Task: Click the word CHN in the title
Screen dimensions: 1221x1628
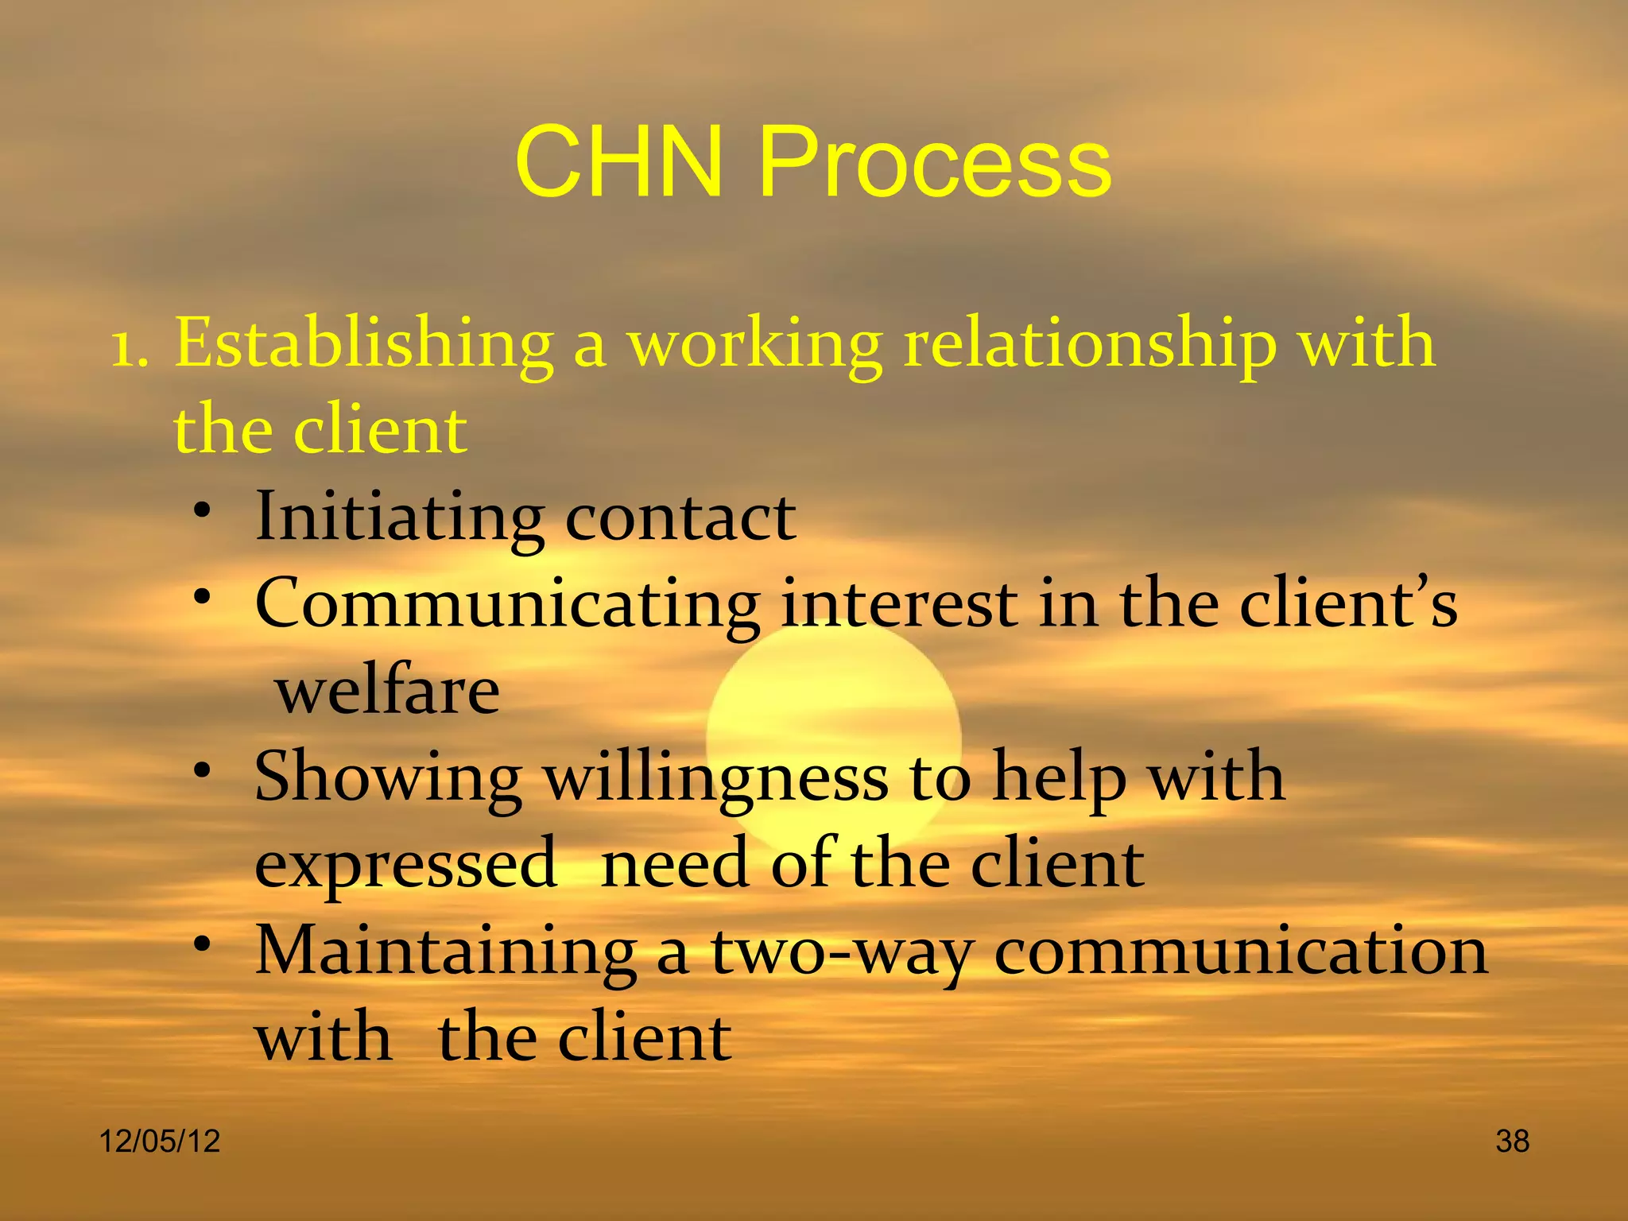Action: (619, 163)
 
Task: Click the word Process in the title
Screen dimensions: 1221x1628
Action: (935, 163)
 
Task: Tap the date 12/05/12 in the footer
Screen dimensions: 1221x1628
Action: (160, 1142)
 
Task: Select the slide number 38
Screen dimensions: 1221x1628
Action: (1512, 1142)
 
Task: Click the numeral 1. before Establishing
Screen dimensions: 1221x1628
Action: (130, 347)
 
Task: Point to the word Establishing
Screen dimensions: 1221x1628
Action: (364, 346)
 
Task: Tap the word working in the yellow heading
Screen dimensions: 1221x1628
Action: (755, 347)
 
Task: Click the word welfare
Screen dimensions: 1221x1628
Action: (388, 690)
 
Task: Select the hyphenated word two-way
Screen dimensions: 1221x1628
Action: (843, 954)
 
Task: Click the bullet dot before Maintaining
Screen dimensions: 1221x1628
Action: (204, 944)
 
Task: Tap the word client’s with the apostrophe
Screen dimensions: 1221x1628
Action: (1349, 604)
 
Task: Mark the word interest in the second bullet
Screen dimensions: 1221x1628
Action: (898, 604)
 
